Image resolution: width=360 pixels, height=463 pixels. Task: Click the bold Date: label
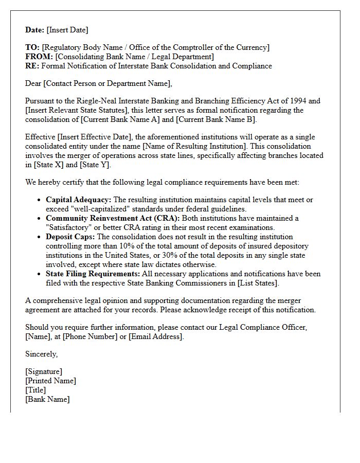tap(35, 30)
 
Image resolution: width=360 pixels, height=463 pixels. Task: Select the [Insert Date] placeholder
tap(67, 30)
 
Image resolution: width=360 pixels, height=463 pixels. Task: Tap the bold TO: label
tap(32, 47)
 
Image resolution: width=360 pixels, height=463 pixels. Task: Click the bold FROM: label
tap(39, 57)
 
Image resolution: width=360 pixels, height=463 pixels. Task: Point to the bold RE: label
tap(32, 66)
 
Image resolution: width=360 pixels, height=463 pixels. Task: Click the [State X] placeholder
tap(51, 165)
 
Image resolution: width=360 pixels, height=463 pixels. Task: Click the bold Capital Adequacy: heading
tap(78, 200)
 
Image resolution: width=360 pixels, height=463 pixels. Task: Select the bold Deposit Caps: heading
tap(70, 237)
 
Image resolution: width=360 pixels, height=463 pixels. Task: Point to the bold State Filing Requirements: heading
tap(93, 274)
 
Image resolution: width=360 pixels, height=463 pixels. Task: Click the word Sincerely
tap(41, 354)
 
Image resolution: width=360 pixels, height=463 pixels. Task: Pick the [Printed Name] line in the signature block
tap(50, 381)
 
